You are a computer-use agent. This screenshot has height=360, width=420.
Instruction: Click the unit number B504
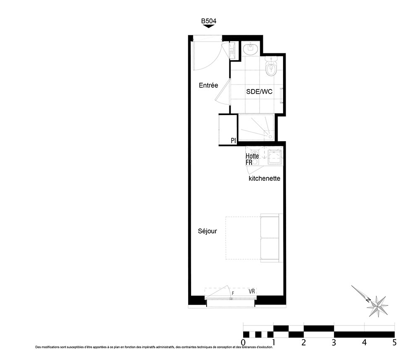point(209,21)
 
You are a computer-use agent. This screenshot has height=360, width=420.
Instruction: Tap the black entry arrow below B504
point(209,26)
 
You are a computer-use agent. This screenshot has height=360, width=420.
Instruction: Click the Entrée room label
point(208,85)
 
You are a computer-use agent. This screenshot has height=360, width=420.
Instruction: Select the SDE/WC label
point(259,92)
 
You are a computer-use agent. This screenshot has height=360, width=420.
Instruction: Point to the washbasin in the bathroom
point(251,48)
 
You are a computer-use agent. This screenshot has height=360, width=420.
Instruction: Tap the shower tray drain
point(270,137)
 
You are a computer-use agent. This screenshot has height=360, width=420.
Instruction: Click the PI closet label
point(233,140)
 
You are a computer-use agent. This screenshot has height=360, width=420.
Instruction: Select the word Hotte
point(252,156)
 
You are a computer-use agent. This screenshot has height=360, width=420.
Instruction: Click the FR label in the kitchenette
point(249,162)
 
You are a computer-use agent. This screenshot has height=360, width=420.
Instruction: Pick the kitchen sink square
point(275,157)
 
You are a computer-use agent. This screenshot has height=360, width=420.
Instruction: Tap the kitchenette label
point(264,179)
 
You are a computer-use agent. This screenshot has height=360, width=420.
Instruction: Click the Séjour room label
point(207,231)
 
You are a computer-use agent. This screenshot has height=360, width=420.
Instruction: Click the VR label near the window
point(252,291)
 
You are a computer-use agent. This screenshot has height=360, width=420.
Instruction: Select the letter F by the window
point(233,293)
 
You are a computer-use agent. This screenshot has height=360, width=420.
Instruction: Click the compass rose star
point(378,306)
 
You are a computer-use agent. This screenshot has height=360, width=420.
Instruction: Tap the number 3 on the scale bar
point(334,342)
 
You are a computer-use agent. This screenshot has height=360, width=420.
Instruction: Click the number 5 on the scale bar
point(394,342)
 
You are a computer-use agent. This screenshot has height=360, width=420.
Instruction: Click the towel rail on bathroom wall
point(281,95)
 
